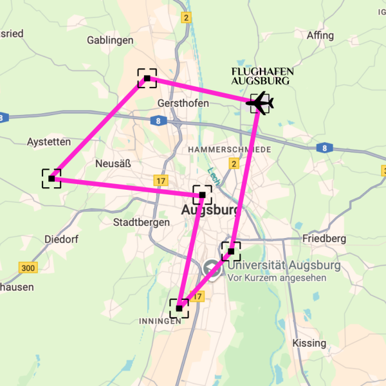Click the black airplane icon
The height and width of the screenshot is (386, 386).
pyautogui.click(x=260, y=102)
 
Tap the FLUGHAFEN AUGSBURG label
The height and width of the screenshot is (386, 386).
pyautogui.click(x=261, y=76)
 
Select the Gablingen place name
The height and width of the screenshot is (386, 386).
pyautogui.click(x=110, y=40)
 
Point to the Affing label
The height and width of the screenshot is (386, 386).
pyautogui.click(x=321, y=35)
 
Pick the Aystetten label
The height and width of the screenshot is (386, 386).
pyautogui.click(x=49, y=141)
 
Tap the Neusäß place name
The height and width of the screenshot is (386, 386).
pyautogui.click(x=113, y=163)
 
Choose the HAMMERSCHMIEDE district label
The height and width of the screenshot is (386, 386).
pyautogui.click(x=230, y=149)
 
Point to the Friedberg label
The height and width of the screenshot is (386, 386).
pyautogui.click(x=324, y=239)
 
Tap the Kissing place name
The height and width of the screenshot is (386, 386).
pyautogui.click(x=309, y=343)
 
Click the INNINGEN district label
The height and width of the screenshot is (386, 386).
pyautogui.click(x=156, y=321)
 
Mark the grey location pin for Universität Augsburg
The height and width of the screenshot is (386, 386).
pyautogui.click(x=211, y=270)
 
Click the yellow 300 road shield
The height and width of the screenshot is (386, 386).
pyautogui.click(x=28, y=268)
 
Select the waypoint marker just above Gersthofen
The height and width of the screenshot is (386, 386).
pyautogui.click(x=147, y=78)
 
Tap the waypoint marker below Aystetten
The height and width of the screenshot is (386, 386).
pyautogui.click(x=51, y=178)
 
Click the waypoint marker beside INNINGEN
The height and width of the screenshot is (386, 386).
pyautogui.click(x=179, y=309)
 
